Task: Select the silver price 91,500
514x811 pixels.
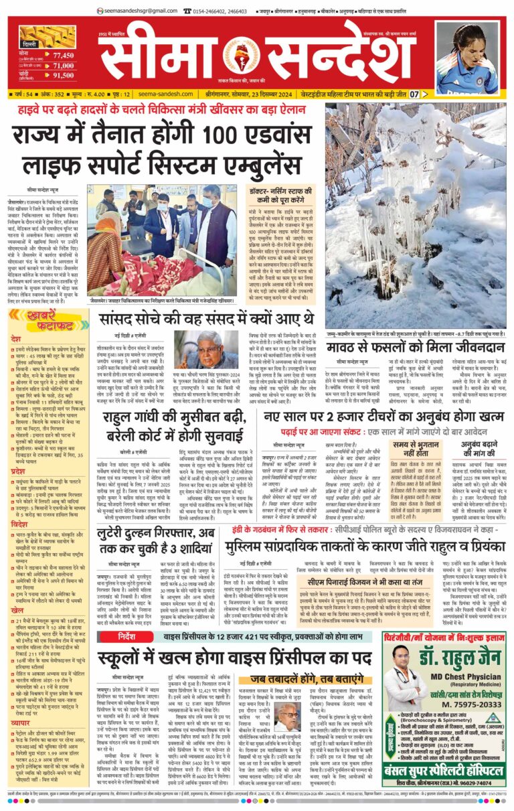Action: [64, 76]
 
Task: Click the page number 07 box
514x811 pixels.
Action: [415, 94]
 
